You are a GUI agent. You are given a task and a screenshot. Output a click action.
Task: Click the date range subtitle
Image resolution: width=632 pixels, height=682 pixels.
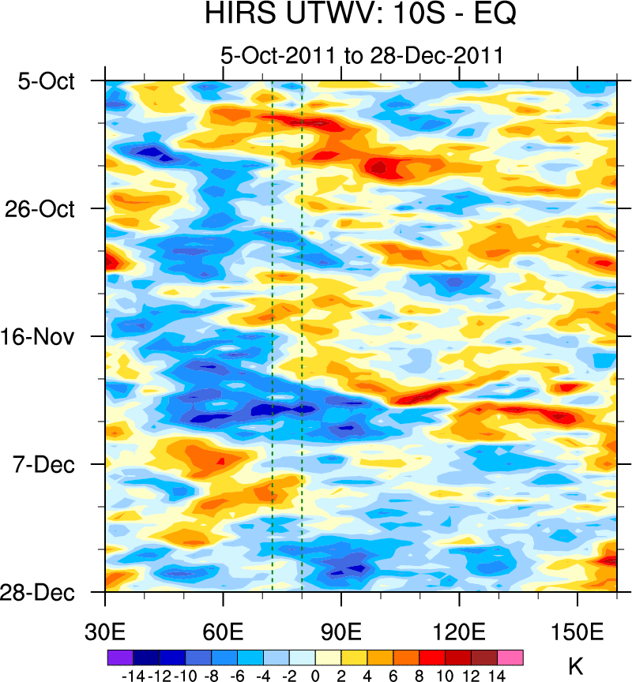click(x=362, y=55)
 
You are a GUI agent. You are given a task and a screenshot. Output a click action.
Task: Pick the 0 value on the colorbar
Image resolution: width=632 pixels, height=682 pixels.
click(x=315, y=676)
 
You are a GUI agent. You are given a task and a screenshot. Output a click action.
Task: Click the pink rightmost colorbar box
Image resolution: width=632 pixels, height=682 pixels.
click(x=510, y=657)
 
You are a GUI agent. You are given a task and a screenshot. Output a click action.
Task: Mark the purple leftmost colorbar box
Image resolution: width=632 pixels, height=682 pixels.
click(x=120, y=657)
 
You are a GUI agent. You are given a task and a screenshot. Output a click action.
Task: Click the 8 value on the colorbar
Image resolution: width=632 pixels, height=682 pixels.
click(x=419, y=676)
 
